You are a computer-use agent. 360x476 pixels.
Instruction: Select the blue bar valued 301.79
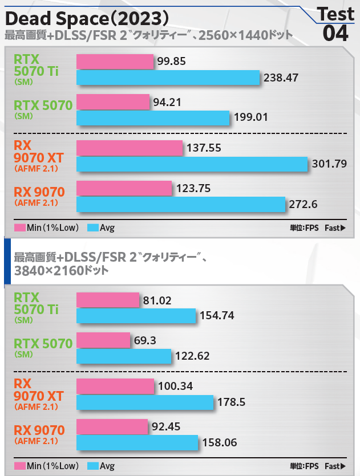tap(192, 164)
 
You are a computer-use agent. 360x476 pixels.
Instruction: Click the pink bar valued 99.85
tap(115, 62)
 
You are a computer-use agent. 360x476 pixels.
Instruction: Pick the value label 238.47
tap(281, 78)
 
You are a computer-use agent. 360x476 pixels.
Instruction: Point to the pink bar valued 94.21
tap(112, 102)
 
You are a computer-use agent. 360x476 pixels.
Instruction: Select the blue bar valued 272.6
tap(180, 204)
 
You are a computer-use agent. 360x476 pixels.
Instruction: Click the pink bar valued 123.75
tap(124, 188)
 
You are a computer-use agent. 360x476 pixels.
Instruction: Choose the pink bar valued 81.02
tap(108, 300)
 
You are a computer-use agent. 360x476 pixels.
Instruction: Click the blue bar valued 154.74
tap(136, 315)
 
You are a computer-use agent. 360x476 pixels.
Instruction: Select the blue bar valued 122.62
tap(124, 356)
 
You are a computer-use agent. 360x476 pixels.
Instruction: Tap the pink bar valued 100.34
tap(115, 387)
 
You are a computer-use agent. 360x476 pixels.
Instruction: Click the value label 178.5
tap(231, 402)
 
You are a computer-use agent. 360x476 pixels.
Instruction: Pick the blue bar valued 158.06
tap(137, 442)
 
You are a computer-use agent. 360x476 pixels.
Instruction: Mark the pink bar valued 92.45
tap(112, 426)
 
